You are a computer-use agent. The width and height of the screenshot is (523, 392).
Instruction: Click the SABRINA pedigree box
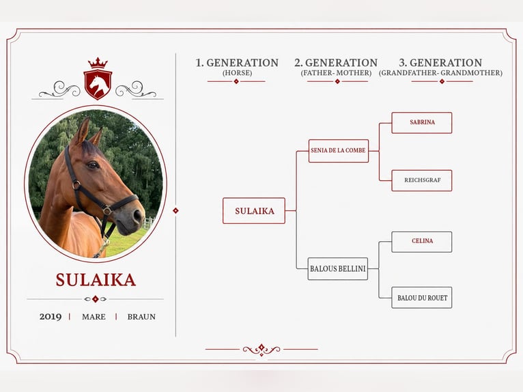pyautogui.click(x=421, y=123)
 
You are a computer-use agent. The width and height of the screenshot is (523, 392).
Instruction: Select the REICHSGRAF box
pyautogui.click(x=421, y=180)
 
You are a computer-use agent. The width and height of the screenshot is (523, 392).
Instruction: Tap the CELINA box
pyautogui.click(x=421, y=242)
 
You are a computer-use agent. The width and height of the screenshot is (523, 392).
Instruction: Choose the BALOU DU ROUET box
pyautogui.click(x=421, y=298)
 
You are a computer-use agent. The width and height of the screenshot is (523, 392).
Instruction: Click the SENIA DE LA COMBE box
pyautogui.click(x=338, y=151)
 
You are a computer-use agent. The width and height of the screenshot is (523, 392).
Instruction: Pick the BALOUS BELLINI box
pyautogui.click(x=337, y=268)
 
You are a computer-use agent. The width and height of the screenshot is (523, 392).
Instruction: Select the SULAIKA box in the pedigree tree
pyautogui.click(x=254, y=211)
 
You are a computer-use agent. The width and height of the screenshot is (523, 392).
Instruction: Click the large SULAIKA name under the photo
pyautogui.click(x=96, y=280)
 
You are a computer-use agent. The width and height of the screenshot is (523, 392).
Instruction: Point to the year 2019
pyautogui.click(x=51, y=317)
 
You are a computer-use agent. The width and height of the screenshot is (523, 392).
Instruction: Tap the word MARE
pyautogui.click(x=94, y=317)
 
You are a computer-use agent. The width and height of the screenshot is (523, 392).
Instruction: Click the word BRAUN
pyautogui.click(x=141, y=317)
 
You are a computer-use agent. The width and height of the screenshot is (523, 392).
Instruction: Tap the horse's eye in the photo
pyautogui.click(x=93, y=165)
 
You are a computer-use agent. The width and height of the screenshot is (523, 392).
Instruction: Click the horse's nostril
pyautogui.click(x=137, y=216)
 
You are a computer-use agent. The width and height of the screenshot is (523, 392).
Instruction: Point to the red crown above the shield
pyautogui.click(x=98, y=63)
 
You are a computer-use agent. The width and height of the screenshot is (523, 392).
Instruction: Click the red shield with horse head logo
pyautogui.click(x=98, y=85)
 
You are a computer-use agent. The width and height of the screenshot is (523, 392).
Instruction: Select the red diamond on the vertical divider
pyautogui.click(x=175, y=210)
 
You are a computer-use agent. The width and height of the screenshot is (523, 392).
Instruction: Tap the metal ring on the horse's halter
pyautogui.click(x=76, y=185)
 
